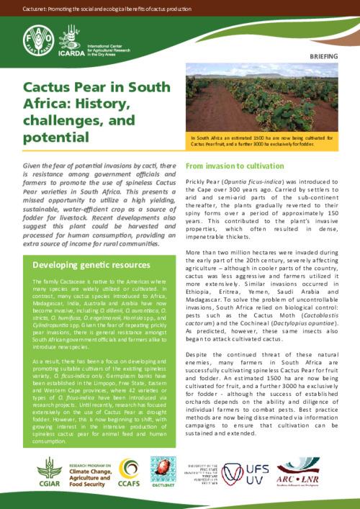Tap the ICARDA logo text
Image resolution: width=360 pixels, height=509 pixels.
68,51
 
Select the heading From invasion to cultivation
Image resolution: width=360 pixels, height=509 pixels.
234,165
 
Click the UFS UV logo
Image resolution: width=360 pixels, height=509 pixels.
256,472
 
